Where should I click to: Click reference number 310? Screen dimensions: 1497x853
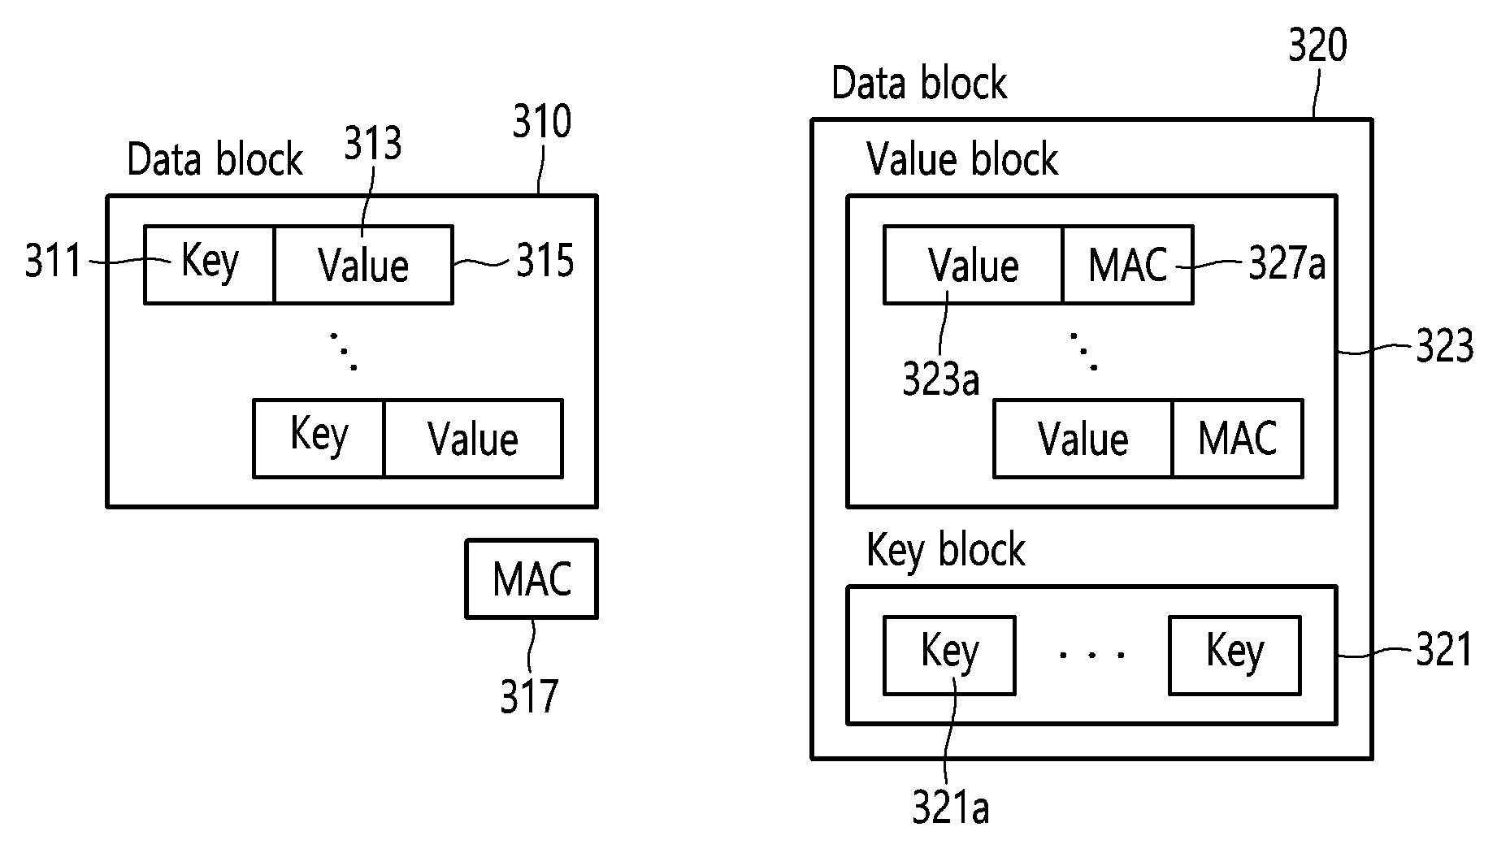click(x=541, y=123)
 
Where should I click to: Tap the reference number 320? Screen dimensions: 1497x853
click(x=1317, y=45)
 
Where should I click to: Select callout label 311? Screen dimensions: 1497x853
click(x=54, y=262)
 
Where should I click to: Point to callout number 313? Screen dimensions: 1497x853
click(x=372, y=144)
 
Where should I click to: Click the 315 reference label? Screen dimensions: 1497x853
click(x=545, y=262)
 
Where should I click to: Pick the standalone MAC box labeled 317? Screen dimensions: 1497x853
click(x=532, y=578)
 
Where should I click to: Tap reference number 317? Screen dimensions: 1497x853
click(x=529, y=696)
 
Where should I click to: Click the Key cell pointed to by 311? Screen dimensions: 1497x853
click(x=210, y=265)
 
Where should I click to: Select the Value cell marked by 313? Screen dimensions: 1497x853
click(x=363, y=265)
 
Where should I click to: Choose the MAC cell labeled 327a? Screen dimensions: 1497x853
click(x=1128, y=265)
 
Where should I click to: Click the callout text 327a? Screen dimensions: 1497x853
click(x=1287, y=264)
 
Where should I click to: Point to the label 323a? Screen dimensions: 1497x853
click(x=941, y=379)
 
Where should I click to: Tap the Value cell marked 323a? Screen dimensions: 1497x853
click(x=974, y=265)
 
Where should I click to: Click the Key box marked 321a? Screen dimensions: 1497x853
click(x=949, y=655)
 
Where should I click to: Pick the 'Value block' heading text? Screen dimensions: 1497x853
click(x=962, y=158)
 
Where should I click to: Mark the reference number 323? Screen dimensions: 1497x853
click(x=1444, y=347)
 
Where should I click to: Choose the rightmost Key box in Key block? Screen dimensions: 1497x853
click(x=1234, y=655)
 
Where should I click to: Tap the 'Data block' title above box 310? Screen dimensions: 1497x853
click(x=215, y=159)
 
